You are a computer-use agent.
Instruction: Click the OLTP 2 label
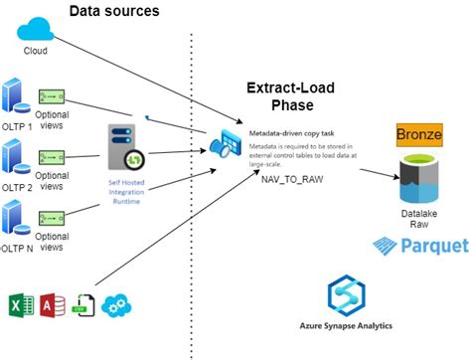(x=18, y=186)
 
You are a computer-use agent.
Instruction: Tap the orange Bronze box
(x=418, y=134)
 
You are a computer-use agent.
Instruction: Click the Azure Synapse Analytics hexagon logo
(x=349, y=297)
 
